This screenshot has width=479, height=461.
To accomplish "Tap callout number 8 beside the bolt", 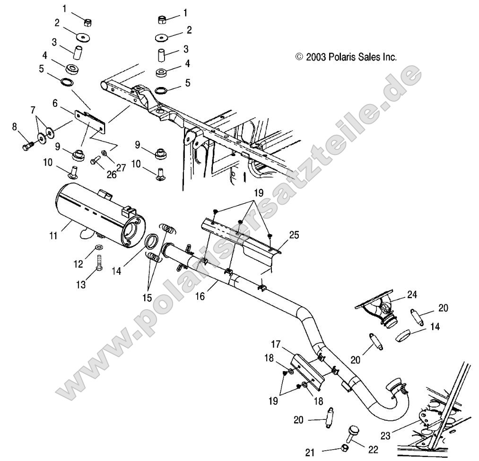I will pyautogui.click(x=14, y=127).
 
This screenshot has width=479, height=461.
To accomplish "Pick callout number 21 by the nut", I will pyautogui.click(x=310, y=452).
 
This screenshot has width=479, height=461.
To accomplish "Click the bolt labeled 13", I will pyautogui.click(x=99, y=261).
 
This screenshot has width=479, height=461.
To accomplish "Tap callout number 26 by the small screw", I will pyautogui.click(x=112, y=174).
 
